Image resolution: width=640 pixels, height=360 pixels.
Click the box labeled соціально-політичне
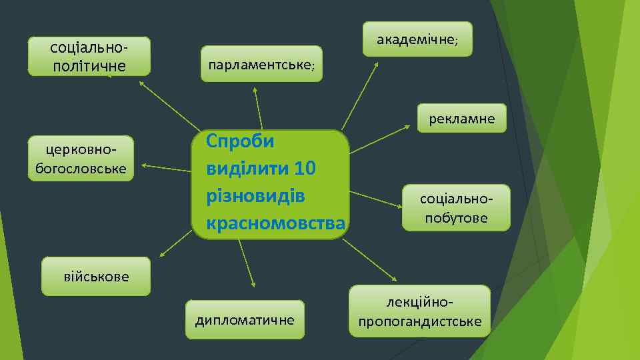(89, 56)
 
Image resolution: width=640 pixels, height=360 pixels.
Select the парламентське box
(261, 64)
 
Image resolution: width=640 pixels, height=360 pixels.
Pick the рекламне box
(462, 119)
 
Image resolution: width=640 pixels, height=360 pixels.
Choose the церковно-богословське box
(81, 159)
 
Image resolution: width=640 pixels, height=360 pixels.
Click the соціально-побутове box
(456, 208)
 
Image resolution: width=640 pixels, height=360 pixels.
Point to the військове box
(96, 276)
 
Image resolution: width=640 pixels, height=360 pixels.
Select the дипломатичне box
(245, 319)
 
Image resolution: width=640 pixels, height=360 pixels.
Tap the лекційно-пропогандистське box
(420, 311)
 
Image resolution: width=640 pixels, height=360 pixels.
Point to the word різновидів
(256, 197)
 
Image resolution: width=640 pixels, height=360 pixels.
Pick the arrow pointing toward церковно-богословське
(167, 168)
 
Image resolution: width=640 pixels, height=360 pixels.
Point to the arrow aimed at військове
(177, 243)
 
